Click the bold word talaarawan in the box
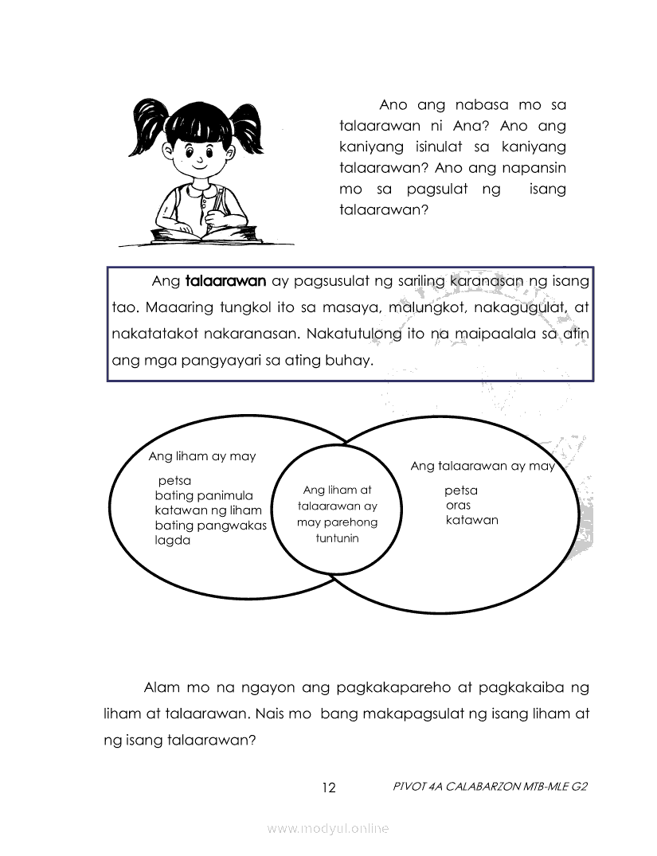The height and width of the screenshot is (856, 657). pyautogui.click(x=225, y=281)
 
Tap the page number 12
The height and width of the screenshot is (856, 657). pyautogui.click(x=329, y=788)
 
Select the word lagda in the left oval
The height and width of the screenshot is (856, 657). pyautogui.click(x=173, y=540)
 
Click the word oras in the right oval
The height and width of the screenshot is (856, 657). pyautogui.click(x=458, y=506)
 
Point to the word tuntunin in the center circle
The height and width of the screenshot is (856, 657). pyautogui.click(x=337, y=538)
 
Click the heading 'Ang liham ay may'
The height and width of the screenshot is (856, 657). pyautogui.click(x=202, y=456)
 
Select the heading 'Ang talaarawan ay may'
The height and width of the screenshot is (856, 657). pyautogui.click(x=482, y=466)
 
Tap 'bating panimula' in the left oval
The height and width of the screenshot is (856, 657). pyautogui.click(x=203, y=495)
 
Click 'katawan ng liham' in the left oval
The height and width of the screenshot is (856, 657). pyautogui.click(x=208, y=510)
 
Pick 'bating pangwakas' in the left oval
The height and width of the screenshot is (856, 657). pyautogui.click(x=210, y=526)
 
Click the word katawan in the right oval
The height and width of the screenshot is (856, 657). pyautogui.click(x=472, y=521)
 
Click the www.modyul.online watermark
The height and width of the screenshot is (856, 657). pyautogui.click(x=328, y=829)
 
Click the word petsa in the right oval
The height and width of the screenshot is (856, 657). pyautogui.click(x=461, y=491)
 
